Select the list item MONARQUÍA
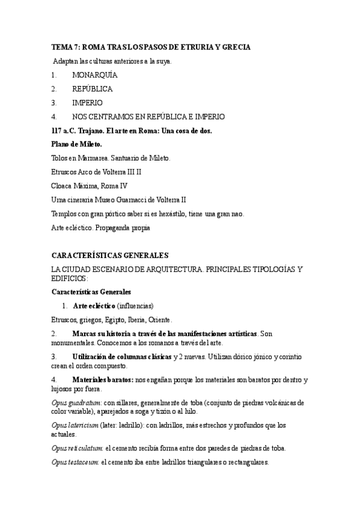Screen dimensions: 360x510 [x=94, y=75]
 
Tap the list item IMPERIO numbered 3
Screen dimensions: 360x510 [x=87, y=103]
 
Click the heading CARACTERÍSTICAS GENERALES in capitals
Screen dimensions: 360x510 [x=110, y=255]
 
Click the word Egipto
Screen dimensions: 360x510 [x=126, y=319]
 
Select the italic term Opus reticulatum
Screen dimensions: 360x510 [x=78, y=448]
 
